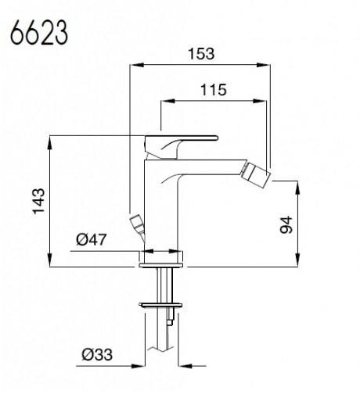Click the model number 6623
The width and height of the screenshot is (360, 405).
(39, 33)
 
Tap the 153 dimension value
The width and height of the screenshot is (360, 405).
(201, 53)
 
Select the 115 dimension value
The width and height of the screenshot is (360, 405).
(214, 90)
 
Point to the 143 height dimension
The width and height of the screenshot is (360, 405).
(38, 201)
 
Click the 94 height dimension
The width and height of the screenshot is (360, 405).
(286, 224)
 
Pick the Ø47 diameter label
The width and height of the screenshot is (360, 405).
(92, 239)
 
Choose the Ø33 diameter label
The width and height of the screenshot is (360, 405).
(97, 354)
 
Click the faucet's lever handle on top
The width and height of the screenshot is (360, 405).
(181, 147)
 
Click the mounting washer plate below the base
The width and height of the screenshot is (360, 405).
(160, 304)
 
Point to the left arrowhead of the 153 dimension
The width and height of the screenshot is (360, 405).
(136, 65)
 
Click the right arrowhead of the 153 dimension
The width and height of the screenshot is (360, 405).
(264, 65)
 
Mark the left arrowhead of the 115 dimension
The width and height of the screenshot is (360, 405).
(167, 101)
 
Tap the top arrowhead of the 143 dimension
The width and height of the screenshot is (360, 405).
(49, 142)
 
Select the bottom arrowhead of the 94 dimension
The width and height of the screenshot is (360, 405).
(297, 260)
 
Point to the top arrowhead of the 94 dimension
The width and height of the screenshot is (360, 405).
(297, 188)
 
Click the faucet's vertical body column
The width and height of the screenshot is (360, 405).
(161, 206)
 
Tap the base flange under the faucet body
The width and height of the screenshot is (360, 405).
(161, 265)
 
